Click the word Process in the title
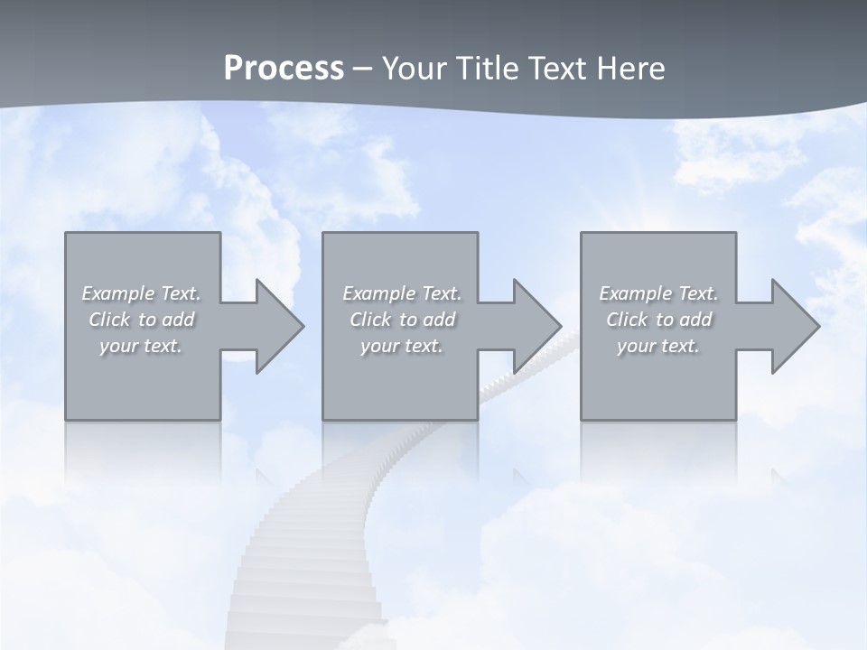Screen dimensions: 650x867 (x=284, y=69)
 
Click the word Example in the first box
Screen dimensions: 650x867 (x=118, y=293)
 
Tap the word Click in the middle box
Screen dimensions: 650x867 (x=370, y=320)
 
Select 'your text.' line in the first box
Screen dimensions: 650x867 (x=141, y=346)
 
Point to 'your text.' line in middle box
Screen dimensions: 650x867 (x=401, y=346)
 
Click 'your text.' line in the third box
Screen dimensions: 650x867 (x=657, y=346)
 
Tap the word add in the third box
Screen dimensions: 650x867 (x=696, y=320)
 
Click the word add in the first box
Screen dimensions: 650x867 (x=178, y=320)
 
